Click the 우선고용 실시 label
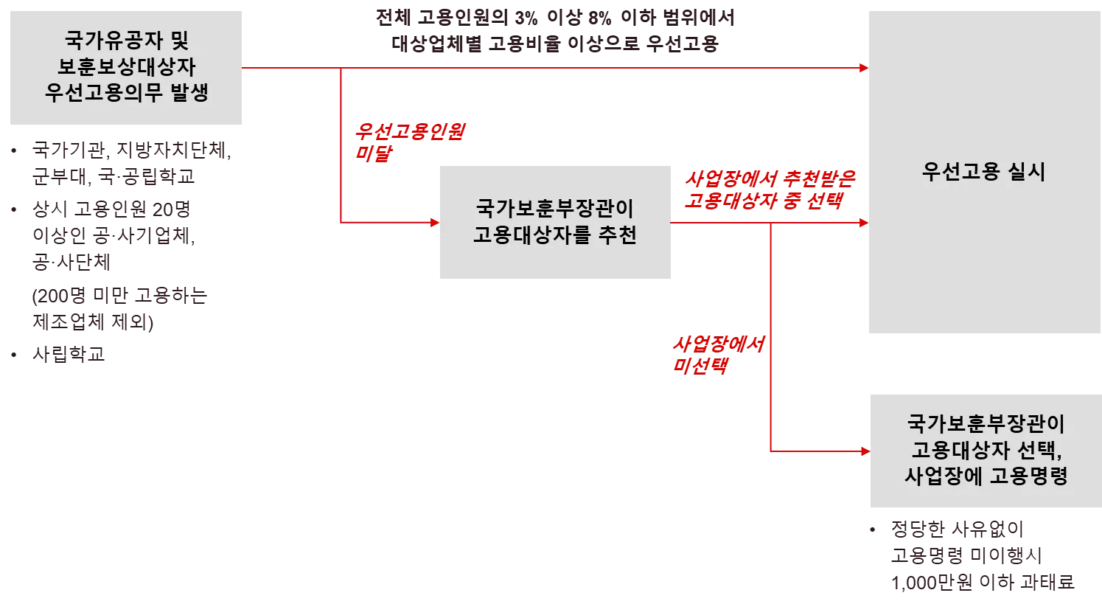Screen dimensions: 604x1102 pyautogui.click(x=983, y=172)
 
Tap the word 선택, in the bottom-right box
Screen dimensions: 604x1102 pyautogui.click(x=1033, y=449)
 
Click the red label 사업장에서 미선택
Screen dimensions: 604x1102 pyautogui.click(x=718, y=355)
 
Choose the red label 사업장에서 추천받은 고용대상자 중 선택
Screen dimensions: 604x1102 pyautogui.click(x=768, y=191)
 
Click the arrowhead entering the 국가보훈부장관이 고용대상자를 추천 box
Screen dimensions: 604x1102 pyautogui.click(x=433, y=222)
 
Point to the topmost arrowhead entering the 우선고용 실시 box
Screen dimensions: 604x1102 pyautogui.click(x=863, y=68)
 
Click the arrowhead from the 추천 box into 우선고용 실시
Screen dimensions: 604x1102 pyautogui.click(x=863, y=222)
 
